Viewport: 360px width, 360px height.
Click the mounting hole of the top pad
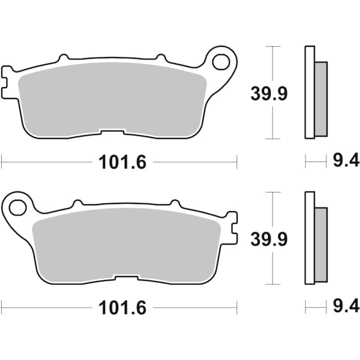(223, 62)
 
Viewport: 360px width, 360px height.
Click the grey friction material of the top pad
(111, 96)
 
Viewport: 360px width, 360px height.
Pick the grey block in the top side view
(321, 99)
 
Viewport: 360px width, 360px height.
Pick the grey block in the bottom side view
(321, 244)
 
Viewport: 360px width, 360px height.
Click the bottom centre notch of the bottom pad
(126, 278)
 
